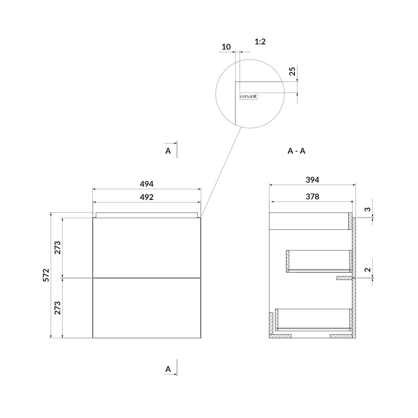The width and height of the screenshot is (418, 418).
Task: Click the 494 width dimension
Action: point(146,184)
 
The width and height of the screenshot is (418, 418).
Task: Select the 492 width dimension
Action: point(146,197)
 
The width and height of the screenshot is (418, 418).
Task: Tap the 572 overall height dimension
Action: point(46,275)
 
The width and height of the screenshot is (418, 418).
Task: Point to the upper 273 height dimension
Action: point(57,248)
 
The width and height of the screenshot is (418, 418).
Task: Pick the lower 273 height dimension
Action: point(57,308)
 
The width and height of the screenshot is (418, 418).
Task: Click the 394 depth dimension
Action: point(312,180)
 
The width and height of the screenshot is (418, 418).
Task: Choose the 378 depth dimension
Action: point(312,196)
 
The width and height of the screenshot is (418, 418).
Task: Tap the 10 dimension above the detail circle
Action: point(226,47)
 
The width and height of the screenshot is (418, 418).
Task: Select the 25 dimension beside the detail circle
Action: point(292,71)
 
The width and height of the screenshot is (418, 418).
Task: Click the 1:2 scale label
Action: point(260,41)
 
